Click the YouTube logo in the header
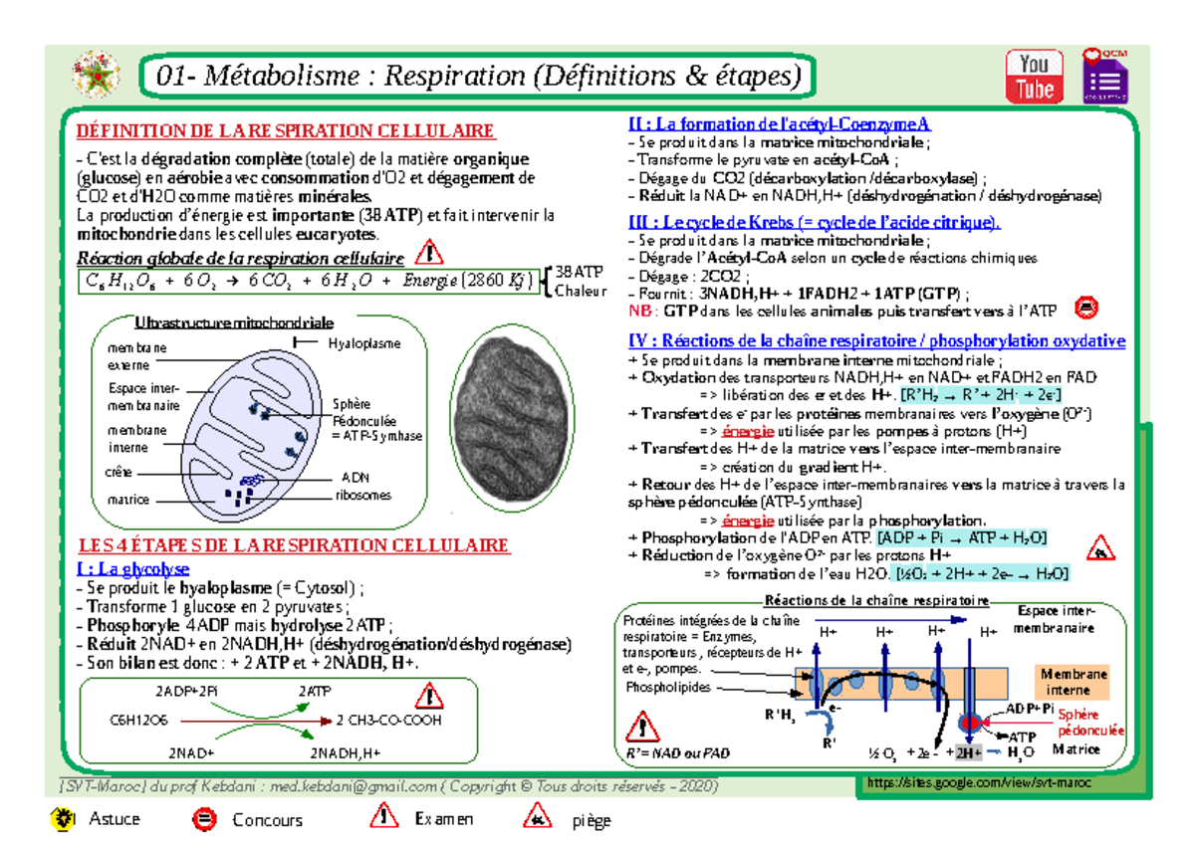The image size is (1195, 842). tap(1034, 77)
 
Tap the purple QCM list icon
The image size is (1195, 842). tap(1104, 77)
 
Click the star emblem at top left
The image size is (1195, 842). tap(97, 75)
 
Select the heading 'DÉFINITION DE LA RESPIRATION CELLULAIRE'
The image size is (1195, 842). tap(285, 131)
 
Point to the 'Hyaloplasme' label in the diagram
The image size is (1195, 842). tap(364, 343)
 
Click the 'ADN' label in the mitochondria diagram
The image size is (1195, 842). tap(355, 477)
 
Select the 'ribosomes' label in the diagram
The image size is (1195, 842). tap(363, 495)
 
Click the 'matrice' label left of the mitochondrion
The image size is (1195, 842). tap(128, 500)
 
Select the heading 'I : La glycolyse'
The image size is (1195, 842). tap(132, 569)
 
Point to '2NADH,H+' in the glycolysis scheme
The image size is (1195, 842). tap(346, 753)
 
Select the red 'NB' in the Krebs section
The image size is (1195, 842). tap(639, 311)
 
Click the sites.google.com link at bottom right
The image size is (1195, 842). tap(978, 783)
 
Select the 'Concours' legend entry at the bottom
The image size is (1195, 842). tap(267, 820)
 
